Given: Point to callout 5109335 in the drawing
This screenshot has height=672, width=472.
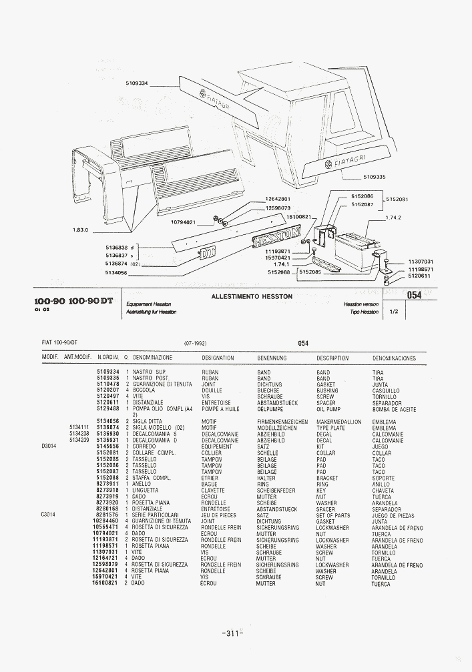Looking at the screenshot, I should [x=375, y=177].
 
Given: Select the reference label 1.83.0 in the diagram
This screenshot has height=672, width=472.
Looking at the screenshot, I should [x=81, y=230].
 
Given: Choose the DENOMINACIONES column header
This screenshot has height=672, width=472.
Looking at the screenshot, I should [x=394, y=358].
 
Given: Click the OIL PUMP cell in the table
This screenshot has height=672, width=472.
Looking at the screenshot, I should [x=329, y=409].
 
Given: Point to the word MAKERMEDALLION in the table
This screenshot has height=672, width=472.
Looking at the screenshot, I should [x=338, y=422].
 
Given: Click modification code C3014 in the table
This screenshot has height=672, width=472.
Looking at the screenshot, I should [x=49, y=515].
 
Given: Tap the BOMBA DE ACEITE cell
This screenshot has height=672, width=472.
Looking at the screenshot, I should [x=394, y=409].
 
